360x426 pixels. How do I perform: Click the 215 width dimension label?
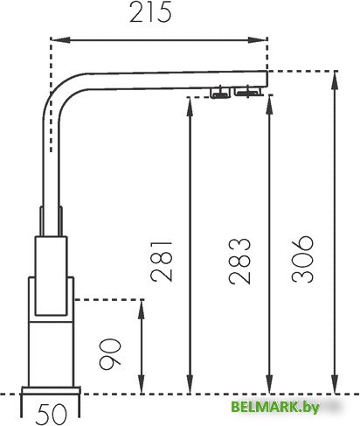[x=150, y=12]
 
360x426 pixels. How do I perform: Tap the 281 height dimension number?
[x=162, y=262]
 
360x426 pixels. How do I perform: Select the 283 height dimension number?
[x=239, y=261]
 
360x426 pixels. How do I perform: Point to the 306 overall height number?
[x=302, y=259]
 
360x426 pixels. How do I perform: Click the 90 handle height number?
[x=110, y=354]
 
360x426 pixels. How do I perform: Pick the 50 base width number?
[x=51, y=414]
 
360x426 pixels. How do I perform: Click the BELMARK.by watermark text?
[x=275, y=407]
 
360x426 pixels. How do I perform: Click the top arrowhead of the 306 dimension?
[x=335, y=81]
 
